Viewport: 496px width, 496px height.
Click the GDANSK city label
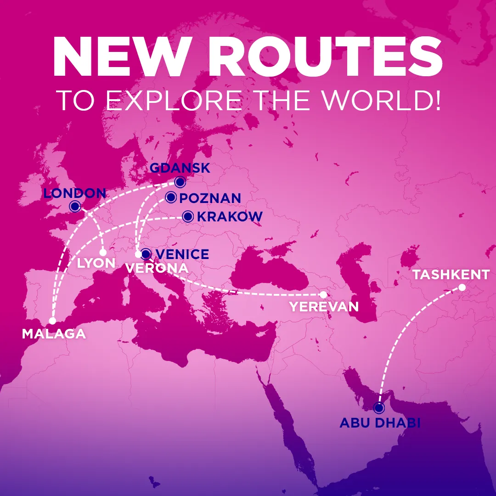pyautogui.click(x=180, y=168)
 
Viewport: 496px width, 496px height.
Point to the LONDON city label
pyautogui.click(x=75, y=193)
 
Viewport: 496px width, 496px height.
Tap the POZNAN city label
pyautogui.click(x=210, y=198)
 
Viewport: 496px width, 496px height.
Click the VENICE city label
pyautogui.click(x=182, y=254)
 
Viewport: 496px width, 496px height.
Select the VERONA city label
pyautogui.click(x=157, y=268)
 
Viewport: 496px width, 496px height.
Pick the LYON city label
pyautogui.click(x=96, y=263)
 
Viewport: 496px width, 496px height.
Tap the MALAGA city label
pyautogui.click(x=54, y=334)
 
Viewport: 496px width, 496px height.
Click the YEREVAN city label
pyautogui.click(x=324, y=306)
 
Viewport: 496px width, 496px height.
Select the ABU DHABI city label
pyautogui.click(x=380, y=423)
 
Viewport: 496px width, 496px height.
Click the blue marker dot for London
pyautogui.click(x=74, y=206)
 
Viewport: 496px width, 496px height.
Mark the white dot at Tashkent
pyautogui.click(x=462, y=287)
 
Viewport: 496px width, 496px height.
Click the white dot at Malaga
pyautogui.click(x=53, y=321)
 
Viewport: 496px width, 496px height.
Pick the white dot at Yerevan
pyautogui.click(x=323, y=294)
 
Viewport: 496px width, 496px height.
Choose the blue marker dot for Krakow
pyautogui.click(x=187, y=216)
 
